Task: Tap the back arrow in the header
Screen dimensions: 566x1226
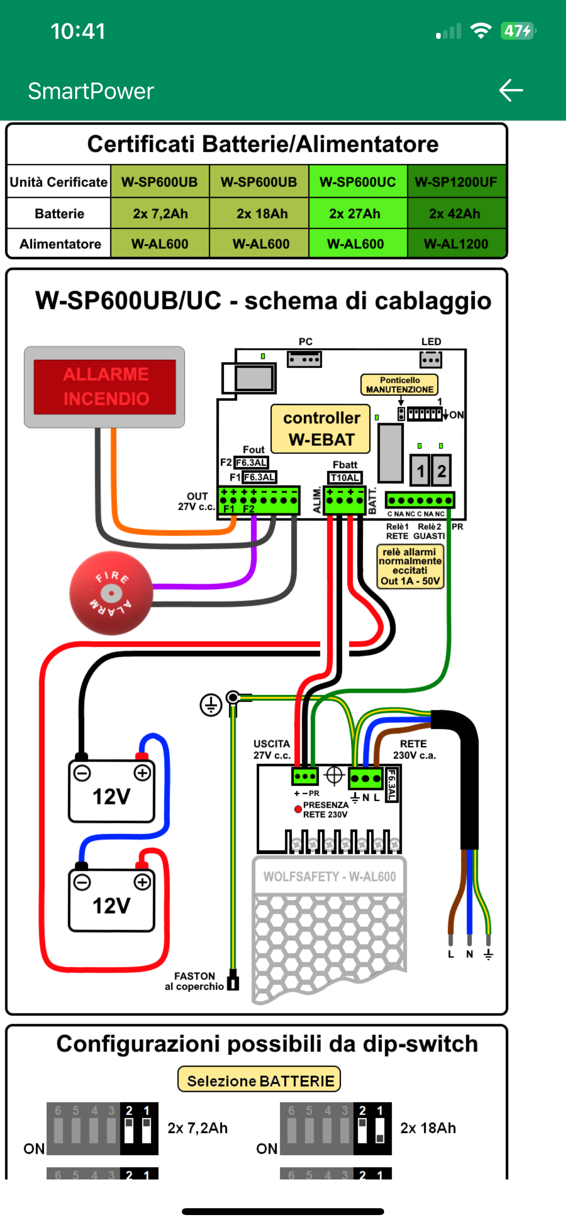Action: pos(511,90)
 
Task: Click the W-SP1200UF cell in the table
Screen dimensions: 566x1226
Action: pos(456,182)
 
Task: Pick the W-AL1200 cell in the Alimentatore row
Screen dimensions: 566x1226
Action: pos(456,244)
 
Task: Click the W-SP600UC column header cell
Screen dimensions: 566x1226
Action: pos(358,182)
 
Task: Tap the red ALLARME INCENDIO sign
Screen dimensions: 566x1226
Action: pos(105,386)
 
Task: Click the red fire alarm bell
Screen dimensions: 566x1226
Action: pos(111,593)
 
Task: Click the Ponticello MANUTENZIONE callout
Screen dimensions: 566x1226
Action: pos(400,384)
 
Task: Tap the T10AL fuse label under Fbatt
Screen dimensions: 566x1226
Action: pos(345,478)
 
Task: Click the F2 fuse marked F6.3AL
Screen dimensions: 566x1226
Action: pos(251,462)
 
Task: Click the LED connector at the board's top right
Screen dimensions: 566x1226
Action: pos(431,360)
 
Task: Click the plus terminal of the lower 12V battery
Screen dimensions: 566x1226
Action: pos(142,882)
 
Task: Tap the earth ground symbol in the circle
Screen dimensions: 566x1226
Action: pos(211,704)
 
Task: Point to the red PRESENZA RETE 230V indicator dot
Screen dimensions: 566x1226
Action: pos(298,809)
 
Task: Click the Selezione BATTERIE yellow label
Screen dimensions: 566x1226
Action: pos(259,1081)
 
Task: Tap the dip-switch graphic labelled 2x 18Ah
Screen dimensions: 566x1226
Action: pos(336,1128)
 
